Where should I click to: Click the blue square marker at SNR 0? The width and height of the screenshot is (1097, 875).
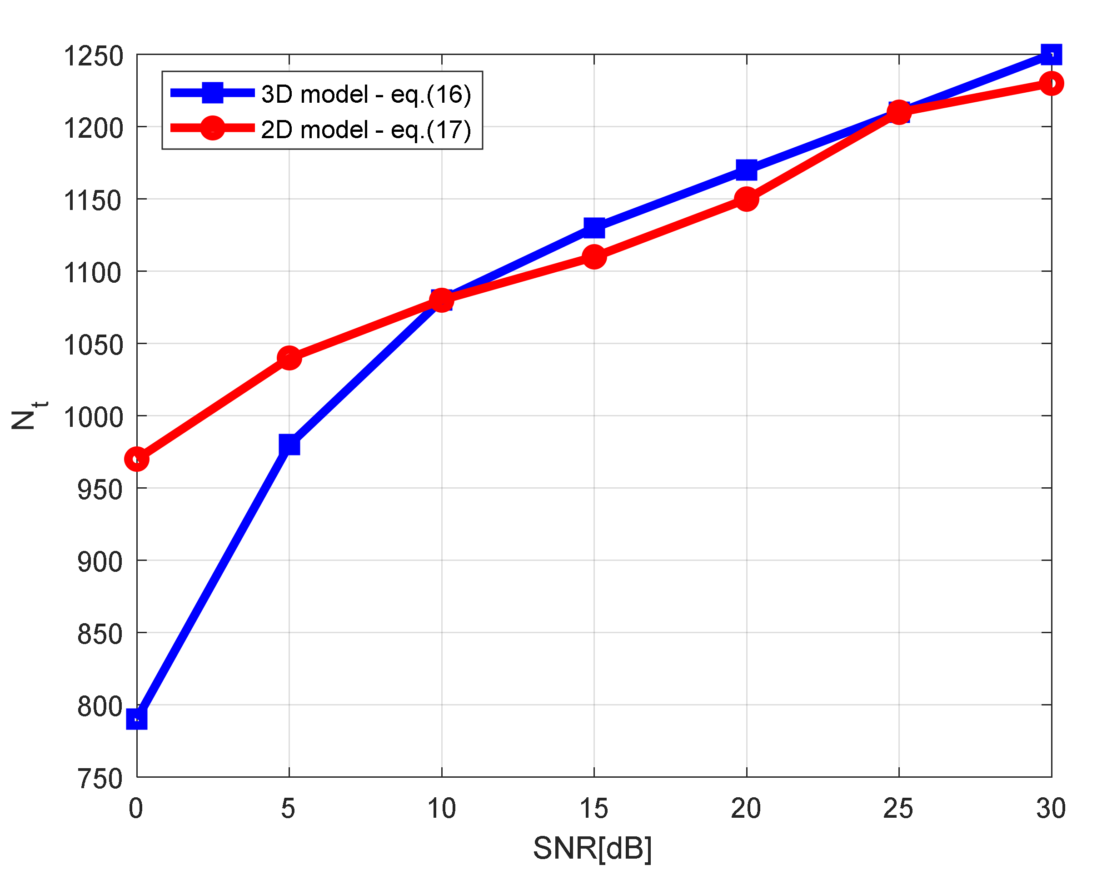(x=137, y=719)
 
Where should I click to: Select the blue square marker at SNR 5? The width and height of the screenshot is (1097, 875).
(x=289, y=445)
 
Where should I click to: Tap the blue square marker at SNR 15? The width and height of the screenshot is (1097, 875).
(x=594, y=228)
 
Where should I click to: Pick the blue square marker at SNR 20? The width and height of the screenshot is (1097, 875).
(x=747, y=170)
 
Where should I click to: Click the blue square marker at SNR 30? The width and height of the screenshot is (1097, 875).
(x=1051, y=55)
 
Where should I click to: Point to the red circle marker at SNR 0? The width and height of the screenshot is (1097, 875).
(x=137, y=459)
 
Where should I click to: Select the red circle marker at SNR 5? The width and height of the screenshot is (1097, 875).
(x=289, y=358)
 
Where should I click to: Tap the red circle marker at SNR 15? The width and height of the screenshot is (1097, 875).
(x=594, y=256)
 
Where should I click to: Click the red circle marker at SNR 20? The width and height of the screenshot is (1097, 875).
(x=747, y=199)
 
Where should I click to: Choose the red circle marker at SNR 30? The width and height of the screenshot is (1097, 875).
(x=1051, y=84)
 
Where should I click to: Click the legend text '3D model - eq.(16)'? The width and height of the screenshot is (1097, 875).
(x=366, y=95)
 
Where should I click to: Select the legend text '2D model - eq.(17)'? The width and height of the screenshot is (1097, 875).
(x=366, y=130)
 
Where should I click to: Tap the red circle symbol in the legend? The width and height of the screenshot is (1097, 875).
(x=213, y=128)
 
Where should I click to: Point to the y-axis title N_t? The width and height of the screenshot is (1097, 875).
(x=28, y=415)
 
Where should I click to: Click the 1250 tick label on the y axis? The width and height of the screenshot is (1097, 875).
(x=93, y=56)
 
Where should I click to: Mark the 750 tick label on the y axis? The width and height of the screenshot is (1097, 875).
(x=100, y=779)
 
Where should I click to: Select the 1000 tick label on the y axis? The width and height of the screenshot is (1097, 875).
(x=93, y=418)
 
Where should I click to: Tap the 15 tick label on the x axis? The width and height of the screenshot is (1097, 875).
(x=594, y=808)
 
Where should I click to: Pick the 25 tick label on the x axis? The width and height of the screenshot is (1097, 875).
(x=898, y=808)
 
